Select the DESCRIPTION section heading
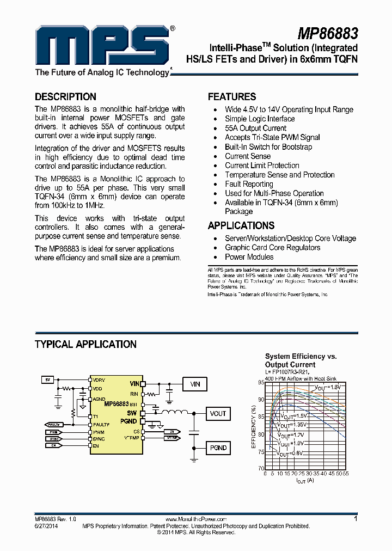coord(65,97)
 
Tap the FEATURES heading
coord(232,97)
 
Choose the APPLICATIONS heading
coord(241,225)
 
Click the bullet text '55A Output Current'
coord(255,128)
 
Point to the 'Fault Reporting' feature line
coord(249,184)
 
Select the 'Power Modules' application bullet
coord(249,257)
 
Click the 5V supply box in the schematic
coord(48,379)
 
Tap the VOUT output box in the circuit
coord(218,414)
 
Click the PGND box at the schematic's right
coord(218,448)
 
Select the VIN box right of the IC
coord(195,384)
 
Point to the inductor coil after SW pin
coord(174,413)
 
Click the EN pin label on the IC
coord(96,446)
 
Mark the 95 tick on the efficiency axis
coord(261,382)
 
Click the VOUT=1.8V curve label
coord(327,387)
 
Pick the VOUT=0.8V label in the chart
coord(289,452)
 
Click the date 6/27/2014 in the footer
coord(46,526)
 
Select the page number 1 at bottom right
coord(356,520)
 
